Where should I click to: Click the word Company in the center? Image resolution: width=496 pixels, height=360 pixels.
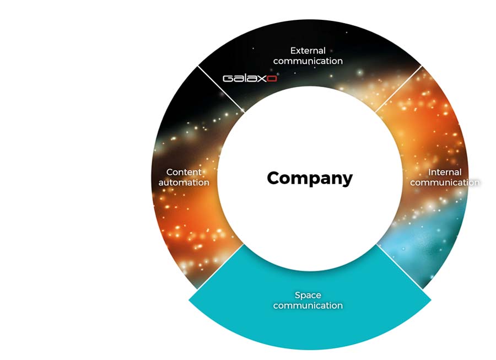[310, 179]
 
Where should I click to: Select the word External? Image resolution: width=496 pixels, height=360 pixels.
[308, 51]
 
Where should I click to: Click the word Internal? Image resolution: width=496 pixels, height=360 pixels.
[445, 172]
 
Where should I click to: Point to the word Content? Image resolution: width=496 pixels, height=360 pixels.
[184, 172]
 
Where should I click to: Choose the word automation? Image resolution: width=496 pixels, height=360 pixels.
[184, 182]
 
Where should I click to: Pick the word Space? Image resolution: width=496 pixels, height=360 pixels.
[308, 296]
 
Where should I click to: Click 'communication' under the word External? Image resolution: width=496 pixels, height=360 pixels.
[308, 61]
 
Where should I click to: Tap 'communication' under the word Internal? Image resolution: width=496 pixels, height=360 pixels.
[445, 182]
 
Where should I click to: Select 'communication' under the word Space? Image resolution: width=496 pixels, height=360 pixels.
[308, 305]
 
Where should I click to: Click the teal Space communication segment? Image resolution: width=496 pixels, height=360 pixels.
[310, 320]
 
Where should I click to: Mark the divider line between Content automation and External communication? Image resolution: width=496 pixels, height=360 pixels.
[221, 89]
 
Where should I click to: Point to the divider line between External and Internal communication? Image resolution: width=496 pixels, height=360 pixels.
[398, 89]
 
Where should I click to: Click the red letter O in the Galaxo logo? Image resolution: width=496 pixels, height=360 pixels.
[272, 78]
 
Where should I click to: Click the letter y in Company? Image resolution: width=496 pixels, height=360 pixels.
[347, 180]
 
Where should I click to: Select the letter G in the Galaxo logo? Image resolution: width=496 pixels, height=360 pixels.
[228, 78]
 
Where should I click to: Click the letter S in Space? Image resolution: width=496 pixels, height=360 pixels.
[298, 295]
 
